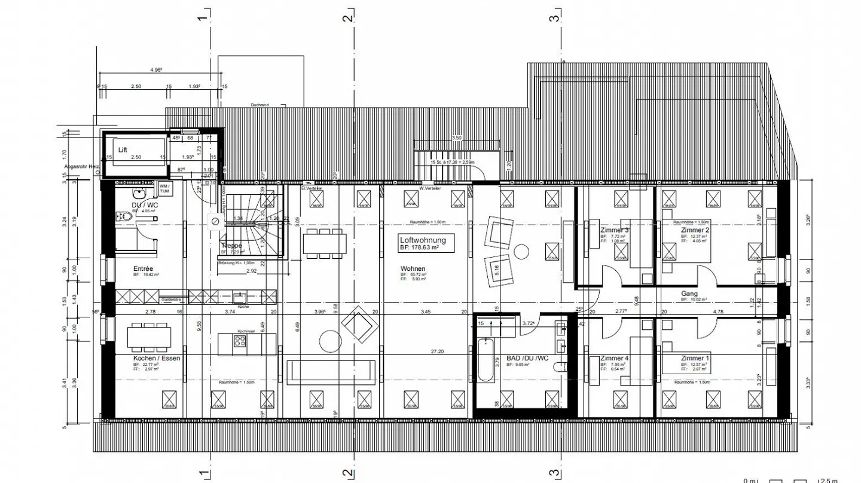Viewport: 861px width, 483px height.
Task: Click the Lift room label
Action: [x=123, y=149]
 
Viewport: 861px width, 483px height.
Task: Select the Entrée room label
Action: [x=143, y=269]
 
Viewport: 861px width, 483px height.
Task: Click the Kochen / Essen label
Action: [x=156, y=358]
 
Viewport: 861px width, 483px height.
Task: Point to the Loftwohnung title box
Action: [x=423, y=242]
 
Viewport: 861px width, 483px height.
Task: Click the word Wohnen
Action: [x=413, y=269]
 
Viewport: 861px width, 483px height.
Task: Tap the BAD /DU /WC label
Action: [x=527, y=358]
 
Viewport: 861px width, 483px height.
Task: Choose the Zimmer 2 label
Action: [x=695, y=230]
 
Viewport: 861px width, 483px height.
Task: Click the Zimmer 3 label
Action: [x=614, y=230]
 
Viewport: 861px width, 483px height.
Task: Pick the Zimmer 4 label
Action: [x=614, y=358]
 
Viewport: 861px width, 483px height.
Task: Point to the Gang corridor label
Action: [x=689, y=294]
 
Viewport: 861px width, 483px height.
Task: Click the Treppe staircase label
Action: [x=231, y=246]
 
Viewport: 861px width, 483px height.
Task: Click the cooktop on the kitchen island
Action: [x=240, y=341]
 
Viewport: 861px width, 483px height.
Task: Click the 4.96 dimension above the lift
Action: [x=155, y=70]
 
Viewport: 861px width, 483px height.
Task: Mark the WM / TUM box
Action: [x=164, y=188]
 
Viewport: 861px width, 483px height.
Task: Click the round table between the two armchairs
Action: [x=521, y=251]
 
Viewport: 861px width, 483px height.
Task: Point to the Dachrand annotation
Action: [x=259, y=105]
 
